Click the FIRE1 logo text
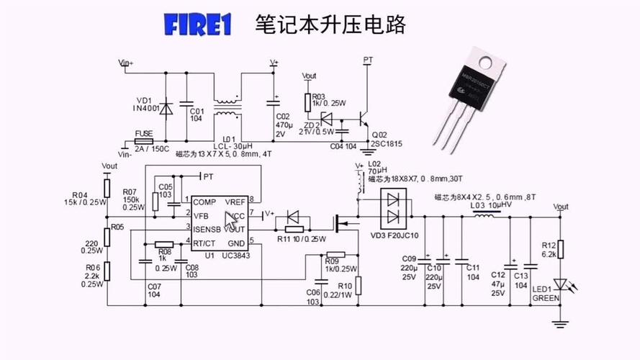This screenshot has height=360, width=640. [x=197, y=25]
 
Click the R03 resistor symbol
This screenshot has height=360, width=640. [x=308, y=102]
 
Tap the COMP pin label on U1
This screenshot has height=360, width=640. [x=205, y=201]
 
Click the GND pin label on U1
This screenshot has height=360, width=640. [x=236, y=243]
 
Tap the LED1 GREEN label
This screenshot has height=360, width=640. [x=546, y=293]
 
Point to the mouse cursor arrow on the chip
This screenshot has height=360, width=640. [x=230, y=220]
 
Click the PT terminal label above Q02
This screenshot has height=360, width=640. [x=368, y=59]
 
